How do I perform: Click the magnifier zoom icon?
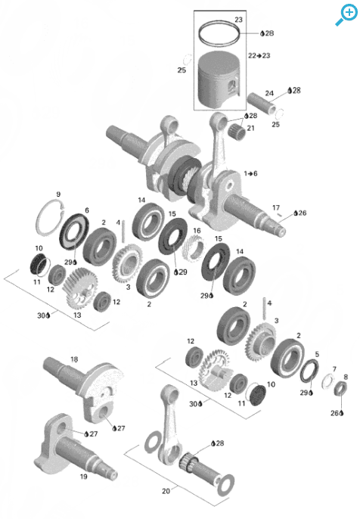[x=346, y=15]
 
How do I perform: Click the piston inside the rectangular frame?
[x=219, y=80]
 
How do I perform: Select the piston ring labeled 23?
[x=219, y=33]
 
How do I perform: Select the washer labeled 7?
[x=328, y=381]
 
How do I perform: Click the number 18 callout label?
[x=74, y=359]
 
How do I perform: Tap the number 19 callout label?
[x=83, y=477]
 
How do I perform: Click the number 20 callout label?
[x=166, y=491]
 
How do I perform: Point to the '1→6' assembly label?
[x=250, y=173]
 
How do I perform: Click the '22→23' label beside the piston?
[x=259, y=56]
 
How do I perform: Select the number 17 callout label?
[x=276, y=207]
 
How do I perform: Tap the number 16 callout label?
[x=197, y=230]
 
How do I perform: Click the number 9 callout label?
[x=58, y=194]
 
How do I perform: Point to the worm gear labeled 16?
[x=194, y=248]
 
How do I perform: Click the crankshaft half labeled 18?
[x=85, y=388]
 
